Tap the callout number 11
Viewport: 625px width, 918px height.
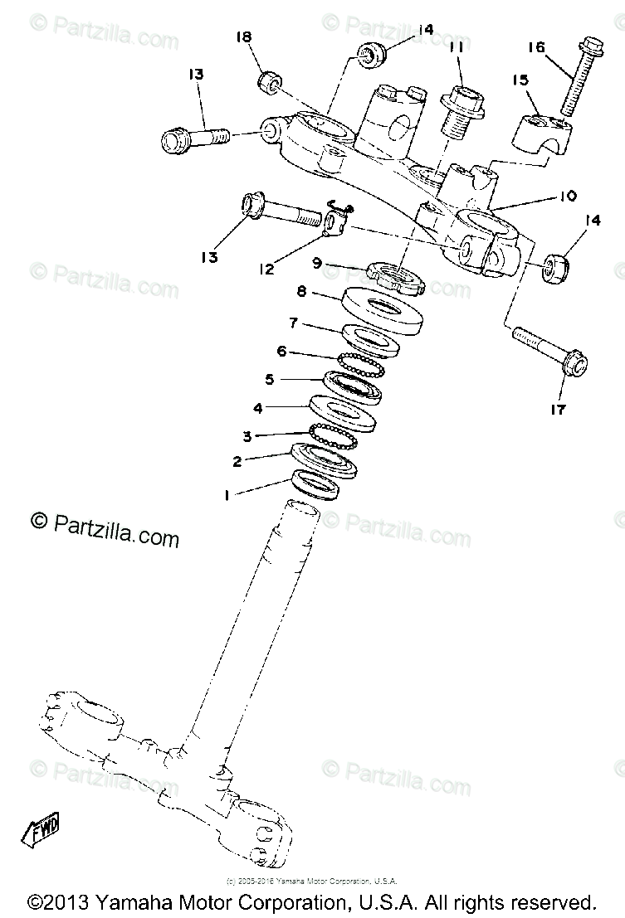click(457, 49)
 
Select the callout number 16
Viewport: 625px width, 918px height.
click(537, 47)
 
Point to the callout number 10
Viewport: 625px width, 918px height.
click(568, 197)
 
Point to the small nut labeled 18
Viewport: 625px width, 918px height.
click(268, 81)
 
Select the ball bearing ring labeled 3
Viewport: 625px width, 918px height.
click(332, 436)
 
